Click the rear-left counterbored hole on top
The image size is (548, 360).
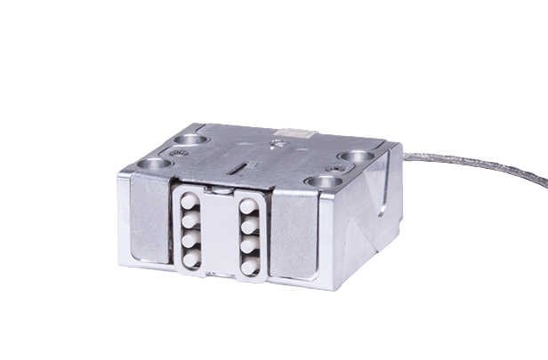tap(192, 140)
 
